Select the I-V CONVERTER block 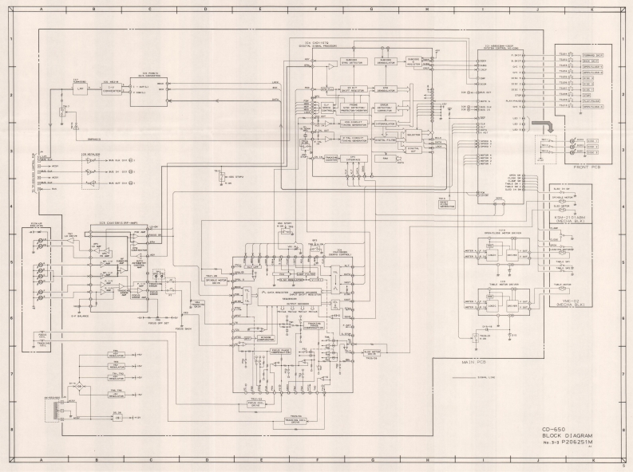[112, 90]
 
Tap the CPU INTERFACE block [352, 159]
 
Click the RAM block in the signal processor [386, 159]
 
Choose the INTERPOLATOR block [387, 124]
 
